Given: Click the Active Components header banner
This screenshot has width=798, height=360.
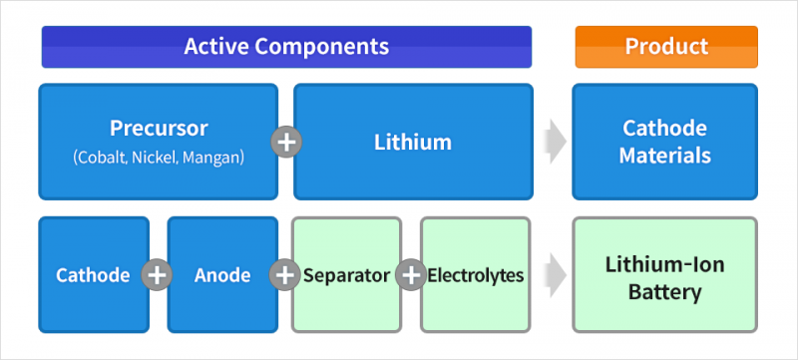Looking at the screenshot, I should (x=286, y=47).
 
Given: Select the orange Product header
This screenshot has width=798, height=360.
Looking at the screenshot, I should (x=665, y=47).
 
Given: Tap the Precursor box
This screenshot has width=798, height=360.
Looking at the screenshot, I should (x=158, y=142).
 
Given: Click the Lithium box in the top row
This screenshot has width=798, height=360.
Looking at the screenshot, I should (x=412, y=142).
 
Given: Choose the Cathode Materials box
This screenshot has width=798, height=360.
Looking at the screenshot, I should (x=664, y=142).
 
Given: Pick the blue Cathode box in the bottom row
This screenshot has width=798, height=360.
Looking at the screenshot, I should (x=93, y=275).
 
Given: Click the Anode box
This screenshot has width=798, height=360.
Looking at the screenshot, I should (x=220, y=275).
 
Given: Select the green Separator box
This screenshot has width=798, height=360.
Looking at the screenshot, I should (x=346, y=275).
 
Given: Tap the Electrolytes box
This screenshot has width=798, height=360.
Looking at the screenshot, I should (x=476, y=275).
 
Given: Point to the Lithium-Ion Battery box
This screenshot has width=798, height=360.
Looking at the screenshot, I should (x=664, y=275).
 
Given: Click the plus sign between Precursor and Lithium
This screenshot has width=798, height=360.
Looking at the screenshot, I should (x=286, y=142).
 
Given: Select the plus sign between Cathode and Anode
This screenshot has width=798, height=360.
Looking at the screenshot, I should (x=157, y=275).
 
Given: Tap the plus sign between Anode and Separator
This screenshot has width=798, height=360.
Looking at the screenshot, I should (x=285, y=275).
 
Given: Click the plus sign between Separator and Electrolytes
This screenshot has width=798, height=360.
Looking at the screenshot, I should (x=411, y=275).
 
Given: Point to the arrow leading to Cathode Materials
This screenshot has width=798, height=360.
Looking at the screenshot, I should (x=553, y=142).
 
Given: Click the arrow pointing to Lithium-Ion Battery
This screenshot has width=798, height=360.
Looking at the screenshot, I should (x=553, y=275).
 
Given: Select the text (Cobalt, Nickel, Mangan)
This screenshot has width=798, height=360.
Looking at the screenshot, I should (x=158, y=157).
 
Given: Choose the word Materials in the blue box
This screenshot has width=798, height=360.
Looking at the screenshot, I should (x=664, y=156).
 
